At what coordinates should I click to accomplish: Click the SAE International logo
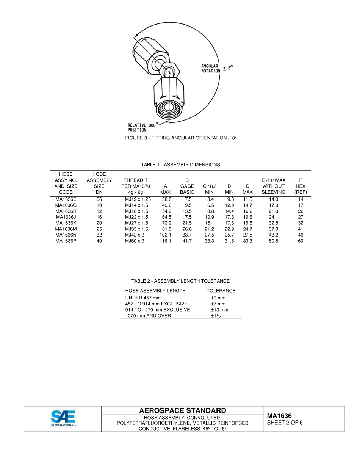coord(63,418)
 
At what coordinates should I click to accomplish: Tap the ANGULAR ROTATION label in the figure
coord(211,69)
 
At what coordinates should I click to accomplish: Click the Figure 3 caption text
coord(180,138)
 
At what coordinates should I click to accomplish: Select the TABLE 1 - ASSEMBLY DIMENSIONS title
coord(180,165)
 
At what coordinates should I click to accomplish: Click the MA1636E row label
coord(66,199)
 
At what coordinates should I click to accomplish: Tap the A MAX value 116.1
coord(165,241)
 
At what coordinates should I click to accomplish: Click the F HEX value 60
coord(301,241)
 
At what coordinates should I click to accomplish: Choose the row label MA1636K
coord(66,223)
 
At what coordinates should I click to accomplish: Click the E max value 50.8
coord(273,241)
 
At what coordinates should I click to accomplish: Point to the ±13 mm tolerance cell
coord(219,310)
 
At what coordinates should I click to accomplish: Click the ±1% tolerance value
coord(216,316)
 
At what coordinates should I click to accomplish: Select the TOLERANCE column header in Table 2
coord(221,291)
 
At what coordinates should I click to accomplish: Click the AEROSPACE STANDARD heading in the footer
coord(182,411)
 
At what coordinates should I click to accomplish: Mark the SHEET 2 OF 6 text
coord(285,423)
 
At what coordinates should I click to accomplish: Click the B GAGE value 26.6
coord(187,229)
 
